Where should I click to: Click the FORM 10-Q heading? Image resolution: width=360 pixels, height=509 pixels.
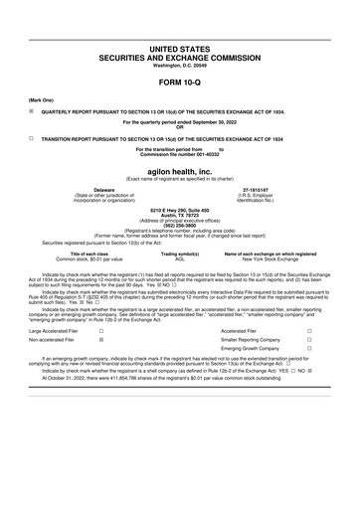point(179,83)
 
